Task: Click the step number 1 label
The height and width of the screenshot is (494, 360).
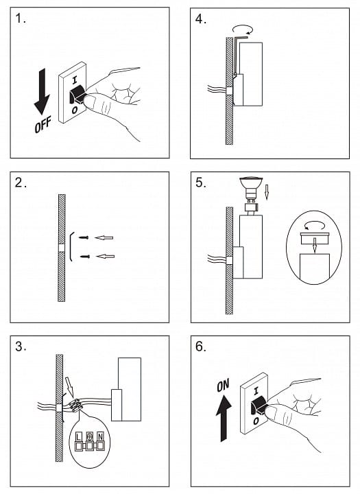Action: pos(21,19)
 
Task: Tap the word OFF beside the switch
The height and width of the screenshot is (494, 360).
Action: pos(43,124)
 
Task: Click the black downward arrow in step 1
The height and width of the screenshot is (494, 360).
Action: pos(42,91)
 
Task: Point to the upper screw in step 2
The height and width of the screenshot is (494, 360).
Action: pos(84,237)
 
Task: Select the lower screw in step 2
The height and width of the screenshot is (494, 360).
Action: pos(85,257)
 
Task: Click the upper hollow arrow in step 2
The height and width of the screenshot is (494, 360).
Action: pos(104,237)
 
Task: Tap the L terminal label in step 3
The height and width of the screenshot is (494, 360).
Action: pos(78,436)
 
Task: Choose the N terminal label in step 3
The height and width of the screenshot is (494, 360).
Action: pos(101,436)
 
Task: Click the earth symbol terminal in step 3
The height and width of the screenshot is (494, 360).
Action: pos(90,436)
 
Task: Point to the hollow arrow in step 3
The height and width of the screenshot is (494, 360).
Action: pos(70,387)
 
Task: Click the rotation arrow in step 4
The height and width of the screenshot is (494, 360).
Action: pos(243,30)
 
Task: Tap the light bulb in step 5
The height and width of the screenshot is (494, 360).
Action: pos(251,188)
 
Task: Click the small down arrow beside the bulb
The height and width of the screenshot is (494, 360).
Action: pos(267,192)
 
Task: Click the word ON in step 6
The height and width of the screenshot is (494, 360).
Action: pos(223,385)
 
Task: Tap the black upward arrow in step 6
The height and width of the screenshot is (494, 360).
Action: pos(224,419)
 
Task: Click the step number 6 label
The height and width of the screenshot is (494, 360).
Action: pos(201,346)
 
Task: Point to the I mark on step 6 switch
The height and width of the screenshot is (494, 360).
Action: pos(256,392)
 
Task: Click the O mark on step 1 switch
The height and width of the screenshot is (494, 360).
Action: pos(75,110)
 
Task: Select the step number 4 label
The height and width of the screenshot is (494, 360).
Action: pos(201,19)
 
